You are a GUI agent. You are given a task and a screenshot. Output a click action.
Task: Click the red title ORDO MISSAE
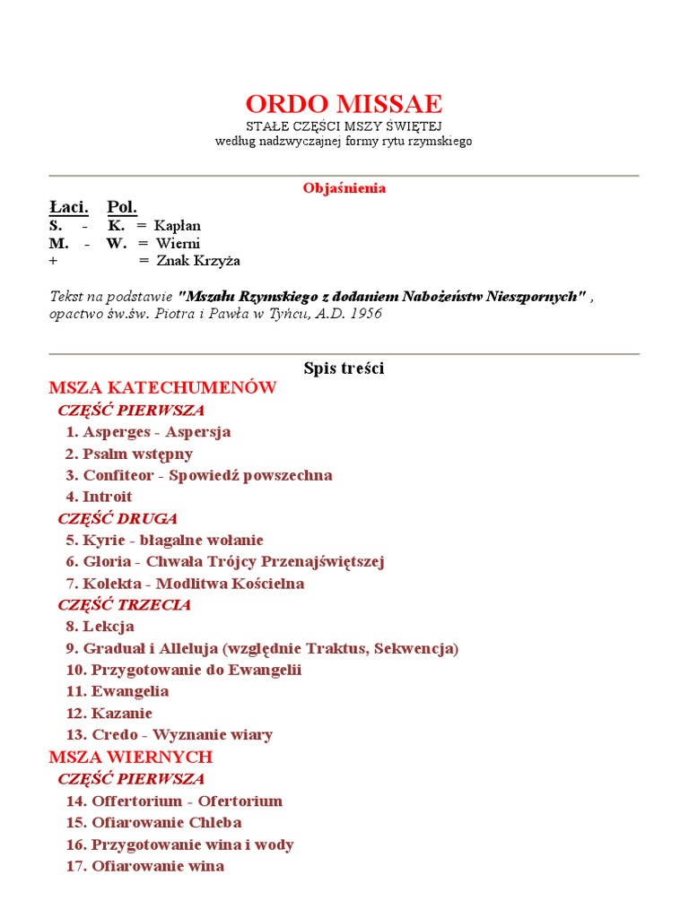[x=344, y=103]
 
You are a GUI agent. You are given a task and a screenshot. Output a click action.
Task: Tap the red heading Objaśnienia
[x=344, y=188]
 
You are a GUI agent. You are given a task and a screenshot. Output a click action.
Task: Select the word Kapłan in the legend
[x=178, y=226]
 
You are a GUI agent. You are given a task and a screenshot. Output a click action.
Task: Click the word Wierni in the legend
[x=178, y=243]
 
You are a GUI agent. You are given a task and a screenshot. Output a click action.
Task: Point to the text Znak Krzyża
[x=198, y=261]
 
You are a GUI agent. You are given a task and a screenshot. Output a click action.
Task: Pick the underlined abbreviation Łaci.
[x=68, y=207]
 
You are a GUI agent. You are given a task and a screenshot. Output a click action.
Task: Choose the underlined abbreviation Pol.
[x=122, y=207]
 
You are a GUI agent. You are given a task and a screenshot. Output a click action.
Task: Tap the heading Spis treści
[x=344, y=368]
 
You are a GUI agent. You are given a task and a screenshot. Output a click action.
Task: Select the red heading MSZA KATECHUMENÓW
[x=162, y=388]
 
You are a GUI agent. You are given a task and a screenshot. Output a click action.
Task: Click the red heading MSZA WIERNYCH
[x=130, y=758]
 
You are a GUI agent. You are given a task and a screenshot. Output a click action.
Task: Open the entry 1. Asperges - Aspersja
[x=148, y=432]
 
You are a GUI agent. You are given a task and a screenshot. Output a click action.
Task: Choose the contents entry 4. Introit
[x=99, y=497]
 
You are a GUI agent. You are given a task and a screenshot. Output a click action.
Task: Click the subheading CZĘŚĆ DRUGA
[x=118, y=519]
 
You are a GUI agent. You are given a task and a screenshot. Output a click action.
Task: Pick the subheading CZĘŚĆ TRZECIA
[x=124, y=605]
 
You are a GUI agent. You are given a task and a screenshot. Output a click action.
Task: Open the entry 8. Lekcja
[x=100, y=627]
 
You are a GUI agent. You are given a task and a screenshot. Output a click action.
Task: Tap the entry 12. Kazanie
[x=109, y=714]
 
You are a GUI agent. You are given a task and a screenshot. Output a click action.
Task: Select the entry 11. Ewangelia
[x=117, y=691]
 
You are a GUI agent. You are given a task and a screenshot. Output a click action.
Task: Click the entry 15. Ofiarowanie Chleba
[x=153, y=823]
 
